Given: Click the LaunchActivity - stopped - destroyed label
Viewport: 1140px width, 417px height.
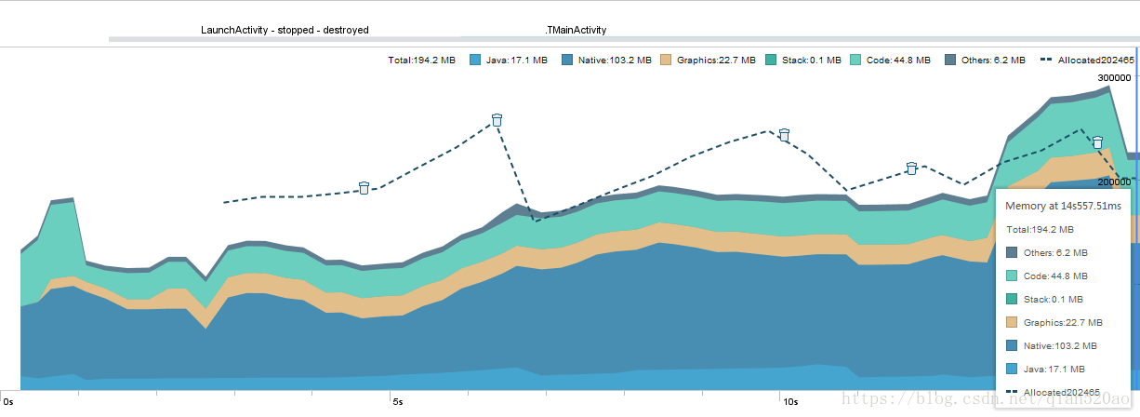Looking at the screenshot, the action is (285, 30).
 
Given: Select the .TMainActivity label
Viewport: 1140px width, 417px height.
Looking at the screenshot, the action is (576, 30).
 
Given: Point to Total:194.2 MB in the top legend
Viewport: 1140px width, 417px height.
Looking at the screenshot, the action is (421, 61).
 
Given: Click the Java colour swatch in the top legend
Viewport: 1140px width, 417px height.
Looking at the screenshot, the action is (475, 61).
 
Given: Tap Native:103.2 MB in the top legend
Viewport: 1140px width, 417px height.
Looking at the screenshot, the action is (615, 61).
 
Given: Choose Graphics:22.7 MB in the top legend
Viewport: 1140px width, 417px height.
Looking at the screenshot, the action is (716, 61).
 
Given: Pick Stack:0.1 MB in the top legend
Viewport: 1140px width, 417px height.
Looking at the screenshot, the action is (811, 61).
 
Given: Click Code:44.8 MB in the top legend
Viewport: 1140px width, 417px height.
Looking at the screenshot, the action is (898, 61).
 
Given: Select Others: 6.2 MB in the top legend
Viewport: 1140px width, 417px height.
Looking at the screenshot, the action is (993, 61).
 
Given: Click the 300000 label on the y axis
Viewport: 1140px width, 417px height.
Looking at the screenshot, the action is (1114, 78).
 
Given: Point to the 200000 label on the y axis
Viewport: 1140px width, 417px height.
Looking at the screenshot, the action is (1114, 182).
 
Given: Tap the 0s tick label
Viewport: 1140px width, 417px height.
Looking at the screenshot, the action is (8, 402).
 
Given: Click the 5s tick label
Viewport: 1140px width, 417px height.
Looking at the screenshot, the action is (398, 402).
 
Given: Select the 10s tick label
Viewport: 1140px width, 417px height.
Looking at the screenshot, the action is (790, 402).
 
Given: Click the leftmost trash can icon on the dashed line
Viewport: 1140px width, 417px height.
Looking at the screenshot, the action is (364, 188).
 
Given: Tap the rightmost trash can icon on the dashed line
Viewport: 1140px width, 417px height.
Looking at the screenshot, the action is (1098, 142).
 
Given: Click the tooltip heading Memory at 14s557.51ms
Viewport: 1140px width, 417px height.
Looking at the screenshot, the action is (1063, 206).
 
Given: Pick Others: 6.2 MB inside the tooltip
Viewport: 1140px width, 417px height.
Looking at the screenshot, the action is (1055, 252).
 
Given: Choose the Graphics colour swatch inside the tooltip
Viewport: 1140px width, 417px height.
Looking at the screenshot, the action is (1012, 322).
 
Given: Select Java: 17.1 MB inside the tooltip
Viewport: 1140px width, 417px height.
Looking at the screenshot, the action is (1054, 370).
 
